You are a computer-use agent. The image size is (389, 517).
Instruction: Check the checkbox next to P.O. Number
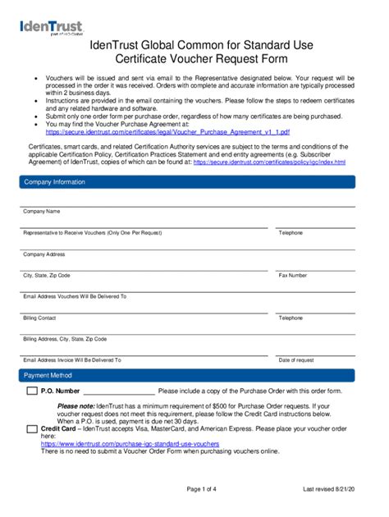[32, 391]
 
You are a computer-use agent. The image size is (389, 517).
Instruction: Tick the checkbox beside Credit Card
[32, 428]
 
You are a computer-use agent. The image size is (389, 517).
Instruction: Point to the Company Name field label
[42, 212]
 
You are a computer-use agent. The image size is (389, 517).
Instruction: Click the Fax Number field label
[293, 276]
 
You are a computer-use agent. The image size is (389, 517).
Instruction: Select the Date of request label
[296, 360]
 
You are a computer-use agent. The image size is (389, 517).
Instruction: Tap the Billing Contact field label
[40, 318]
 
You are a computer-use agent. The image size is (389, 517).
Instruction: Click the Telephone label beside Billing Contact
[291, 318]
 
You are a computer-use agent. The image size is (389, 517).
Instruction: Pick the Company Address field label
[44, 254]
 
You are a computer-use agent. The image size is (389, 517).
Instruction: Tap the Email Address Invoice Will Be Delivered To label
[72, 360]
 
